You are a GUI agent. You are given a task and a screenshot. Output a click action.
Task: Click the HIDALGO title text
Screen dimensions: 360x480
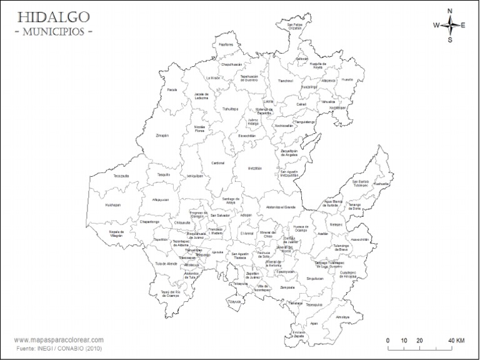tap(53, 16)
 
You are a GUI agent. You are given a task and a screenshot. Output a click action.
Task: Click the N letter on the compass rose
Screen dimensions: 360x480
tap(449, 11)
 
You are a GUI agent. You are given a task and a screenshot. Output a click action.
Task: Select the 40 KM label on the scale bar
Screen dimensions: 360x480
tap(456, 341)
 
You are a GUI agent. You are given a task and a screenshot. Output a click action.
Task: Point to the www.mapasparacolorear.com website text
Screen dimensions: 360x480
tap(57, 341)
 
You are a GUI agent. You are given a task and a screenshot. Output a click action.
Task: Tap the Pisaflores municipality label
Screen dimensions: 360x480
tap(226, 45)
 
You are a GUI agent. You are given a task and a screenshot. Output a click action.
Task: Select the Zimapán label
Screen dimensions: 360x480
tap(162, 135)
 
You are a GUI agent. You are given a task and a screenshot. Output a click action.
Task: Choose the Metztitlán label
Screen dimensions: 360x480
tap(255, 168)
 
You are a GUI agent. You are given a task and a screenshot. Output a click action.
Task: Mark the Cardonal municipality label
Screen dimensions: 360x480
tap(217, 162)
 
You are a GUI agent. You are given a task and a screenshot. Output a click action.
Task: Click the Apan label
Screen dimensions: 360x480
tap(314, 324)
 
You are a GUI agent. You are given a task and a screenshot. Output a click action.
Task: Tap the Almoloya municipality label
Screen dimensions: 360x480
tap(342, 317)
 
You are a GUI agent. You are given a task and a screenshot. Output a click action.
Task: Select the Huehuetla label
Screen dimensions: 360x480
tap(382, 184)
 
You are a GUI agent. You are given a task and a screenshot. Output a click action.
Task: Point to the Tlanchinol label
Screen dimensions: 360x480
tap(285, 81)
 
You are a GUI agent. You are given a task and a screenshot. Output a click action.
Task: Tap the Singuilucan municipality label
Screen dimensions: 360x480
tap(315, 279)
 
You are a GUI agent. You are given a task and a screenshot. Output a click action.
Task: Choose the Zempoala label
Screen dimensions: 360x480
tap(287, 288)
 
